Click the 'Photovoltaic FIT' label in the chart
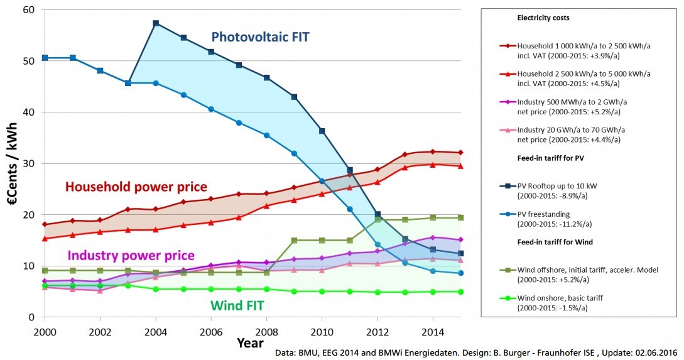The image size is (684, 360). tap(261, 36)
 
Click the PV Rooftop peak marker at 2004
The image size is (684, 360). tap(156, 23)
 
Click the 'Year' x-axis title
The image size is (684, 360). tap(250, 343)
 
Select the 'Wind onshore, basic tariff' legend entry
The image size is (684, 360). tap(563, 297)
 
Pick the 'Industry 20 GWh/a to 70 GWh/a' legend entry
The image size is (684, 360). tap(572, 129)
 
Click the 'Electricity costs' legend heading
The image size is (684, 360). tap(543, 18)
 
